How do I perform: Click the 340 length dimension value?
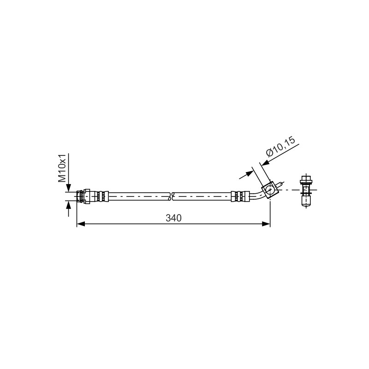pos(174,218)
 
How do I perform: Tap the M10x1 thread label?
pos(62,168)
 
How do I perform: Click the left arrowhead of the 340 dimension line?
pos(81,224)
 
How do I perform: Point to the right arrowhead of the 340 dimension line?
pos(266,224)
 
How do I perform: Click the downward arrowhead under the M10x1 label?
pos(68,188)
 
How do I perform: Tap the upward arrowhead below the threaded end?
pos(68,204)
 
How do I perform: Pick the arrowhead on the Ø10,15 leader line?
pos(265,163)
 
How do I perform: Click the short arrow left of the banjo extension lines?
pos(246,175)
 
